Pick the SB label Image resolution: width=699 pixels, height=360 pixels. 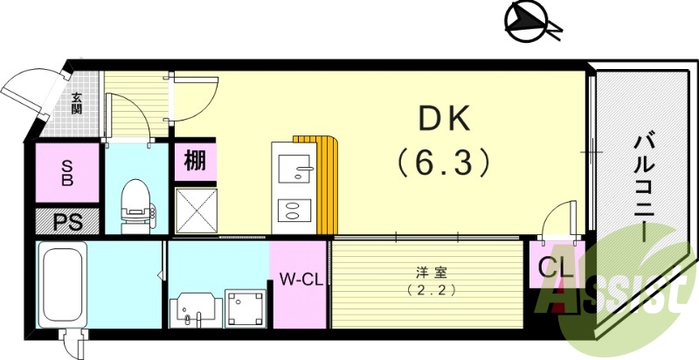click(67, 174)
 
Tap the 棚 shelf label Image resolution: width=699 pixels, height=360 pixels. click(194, 161)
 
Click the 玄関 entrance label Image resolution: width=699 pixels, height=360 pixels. click(77, 104)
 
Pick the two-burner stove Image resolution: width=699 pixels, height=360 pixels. click(293, 210)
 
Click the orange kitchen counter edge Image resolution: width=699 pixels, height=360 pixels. click(328, 183)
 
